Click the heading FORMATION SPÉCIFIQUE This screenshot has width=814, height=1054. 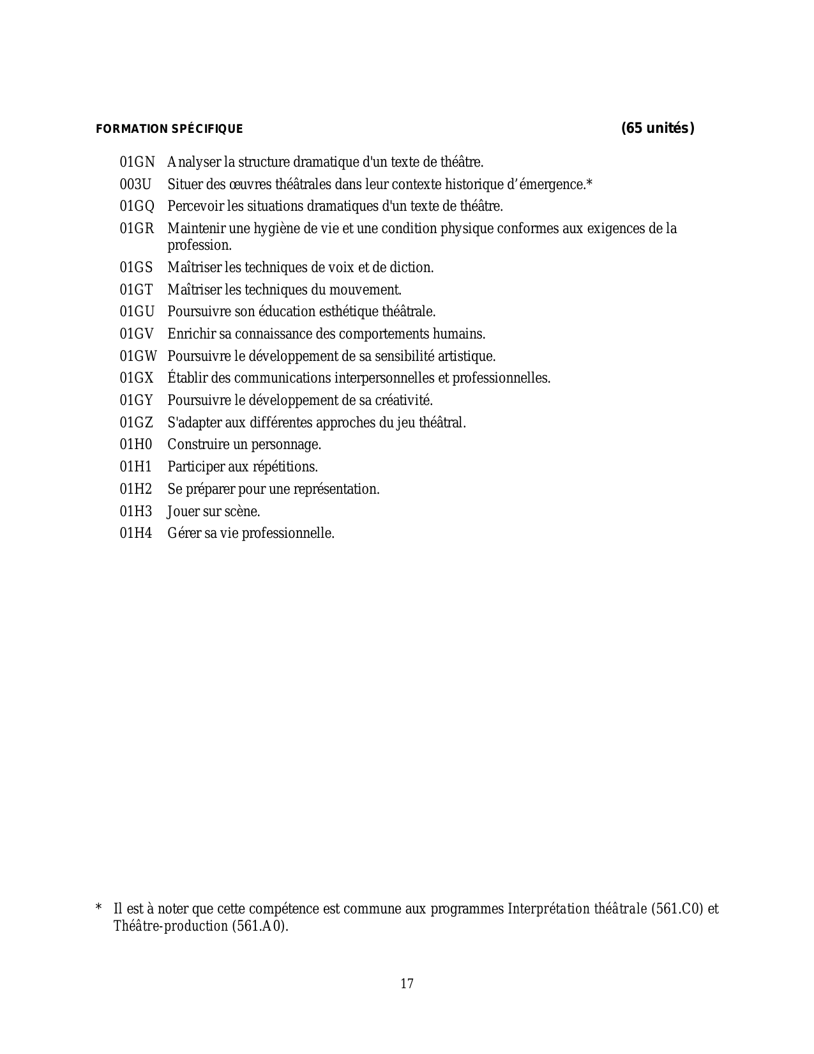tap(169, 129)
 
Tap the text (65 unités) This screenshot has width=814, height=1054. tap(658, 128)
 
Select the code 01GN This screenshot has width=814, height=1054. tap(137, 162)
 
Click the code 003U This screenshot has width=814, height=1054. tap(135, 185)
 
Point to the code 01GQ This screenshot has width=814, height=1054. tap(137, 206)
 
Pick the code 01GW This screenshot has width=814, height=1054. tap(138, 356)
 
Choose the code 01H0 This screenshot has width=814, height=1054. tap(136, 445)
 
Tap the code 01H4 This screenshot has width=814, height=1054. tap(136, 533)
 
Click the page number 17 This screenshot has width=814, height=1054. tap(407, 984)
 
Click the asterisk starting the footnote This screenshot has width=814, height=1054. tap(99, 908)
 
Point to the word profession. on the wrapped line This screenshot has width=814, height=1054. tap(199, 245)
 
